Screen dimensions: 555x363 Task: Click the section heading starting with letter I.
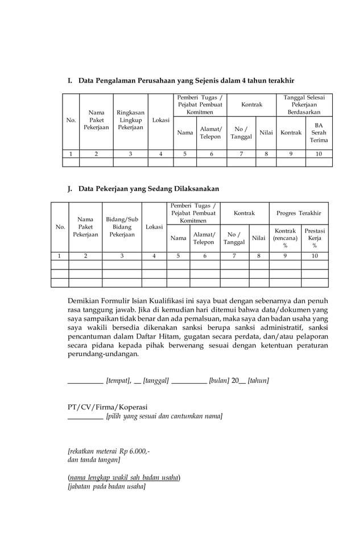coord(180,81)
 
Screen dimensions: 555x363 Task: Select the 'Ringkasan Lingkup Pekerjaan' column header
coord(130,121)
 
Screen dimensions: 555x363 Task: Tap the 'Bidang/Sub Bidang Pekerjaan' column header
coord(122,227)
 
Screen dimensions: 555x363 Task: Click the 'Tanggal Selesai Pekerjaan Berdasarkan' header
coord(304,105)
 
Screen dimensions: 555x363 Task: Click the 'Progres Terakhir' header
coord(299,213)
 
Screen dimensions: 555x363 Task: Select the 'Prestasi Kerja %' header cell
coord(314,238)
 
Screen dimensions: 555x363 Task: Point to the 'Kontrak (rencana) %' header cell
coord(285,238)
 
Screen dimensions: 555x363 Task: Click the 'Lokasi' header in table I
coord(160,121)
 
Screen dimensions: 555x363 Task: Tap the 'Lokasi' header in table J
coord(154,227)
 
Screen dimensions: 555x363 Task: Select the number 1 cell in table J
coord(60,256)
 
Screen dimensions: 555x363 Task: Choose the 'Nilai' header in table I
coord(266,132)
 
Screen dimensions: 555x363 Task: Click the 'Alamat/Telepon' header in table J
coord(204,238)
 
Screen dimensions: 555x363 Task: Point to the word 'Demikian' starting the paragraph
coord(84,300)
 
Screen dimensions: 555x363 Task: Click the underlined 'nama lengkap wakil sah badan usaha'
coord(124,477)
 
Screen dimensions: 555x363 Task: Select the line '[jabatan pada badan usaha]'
coord(106,487)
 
